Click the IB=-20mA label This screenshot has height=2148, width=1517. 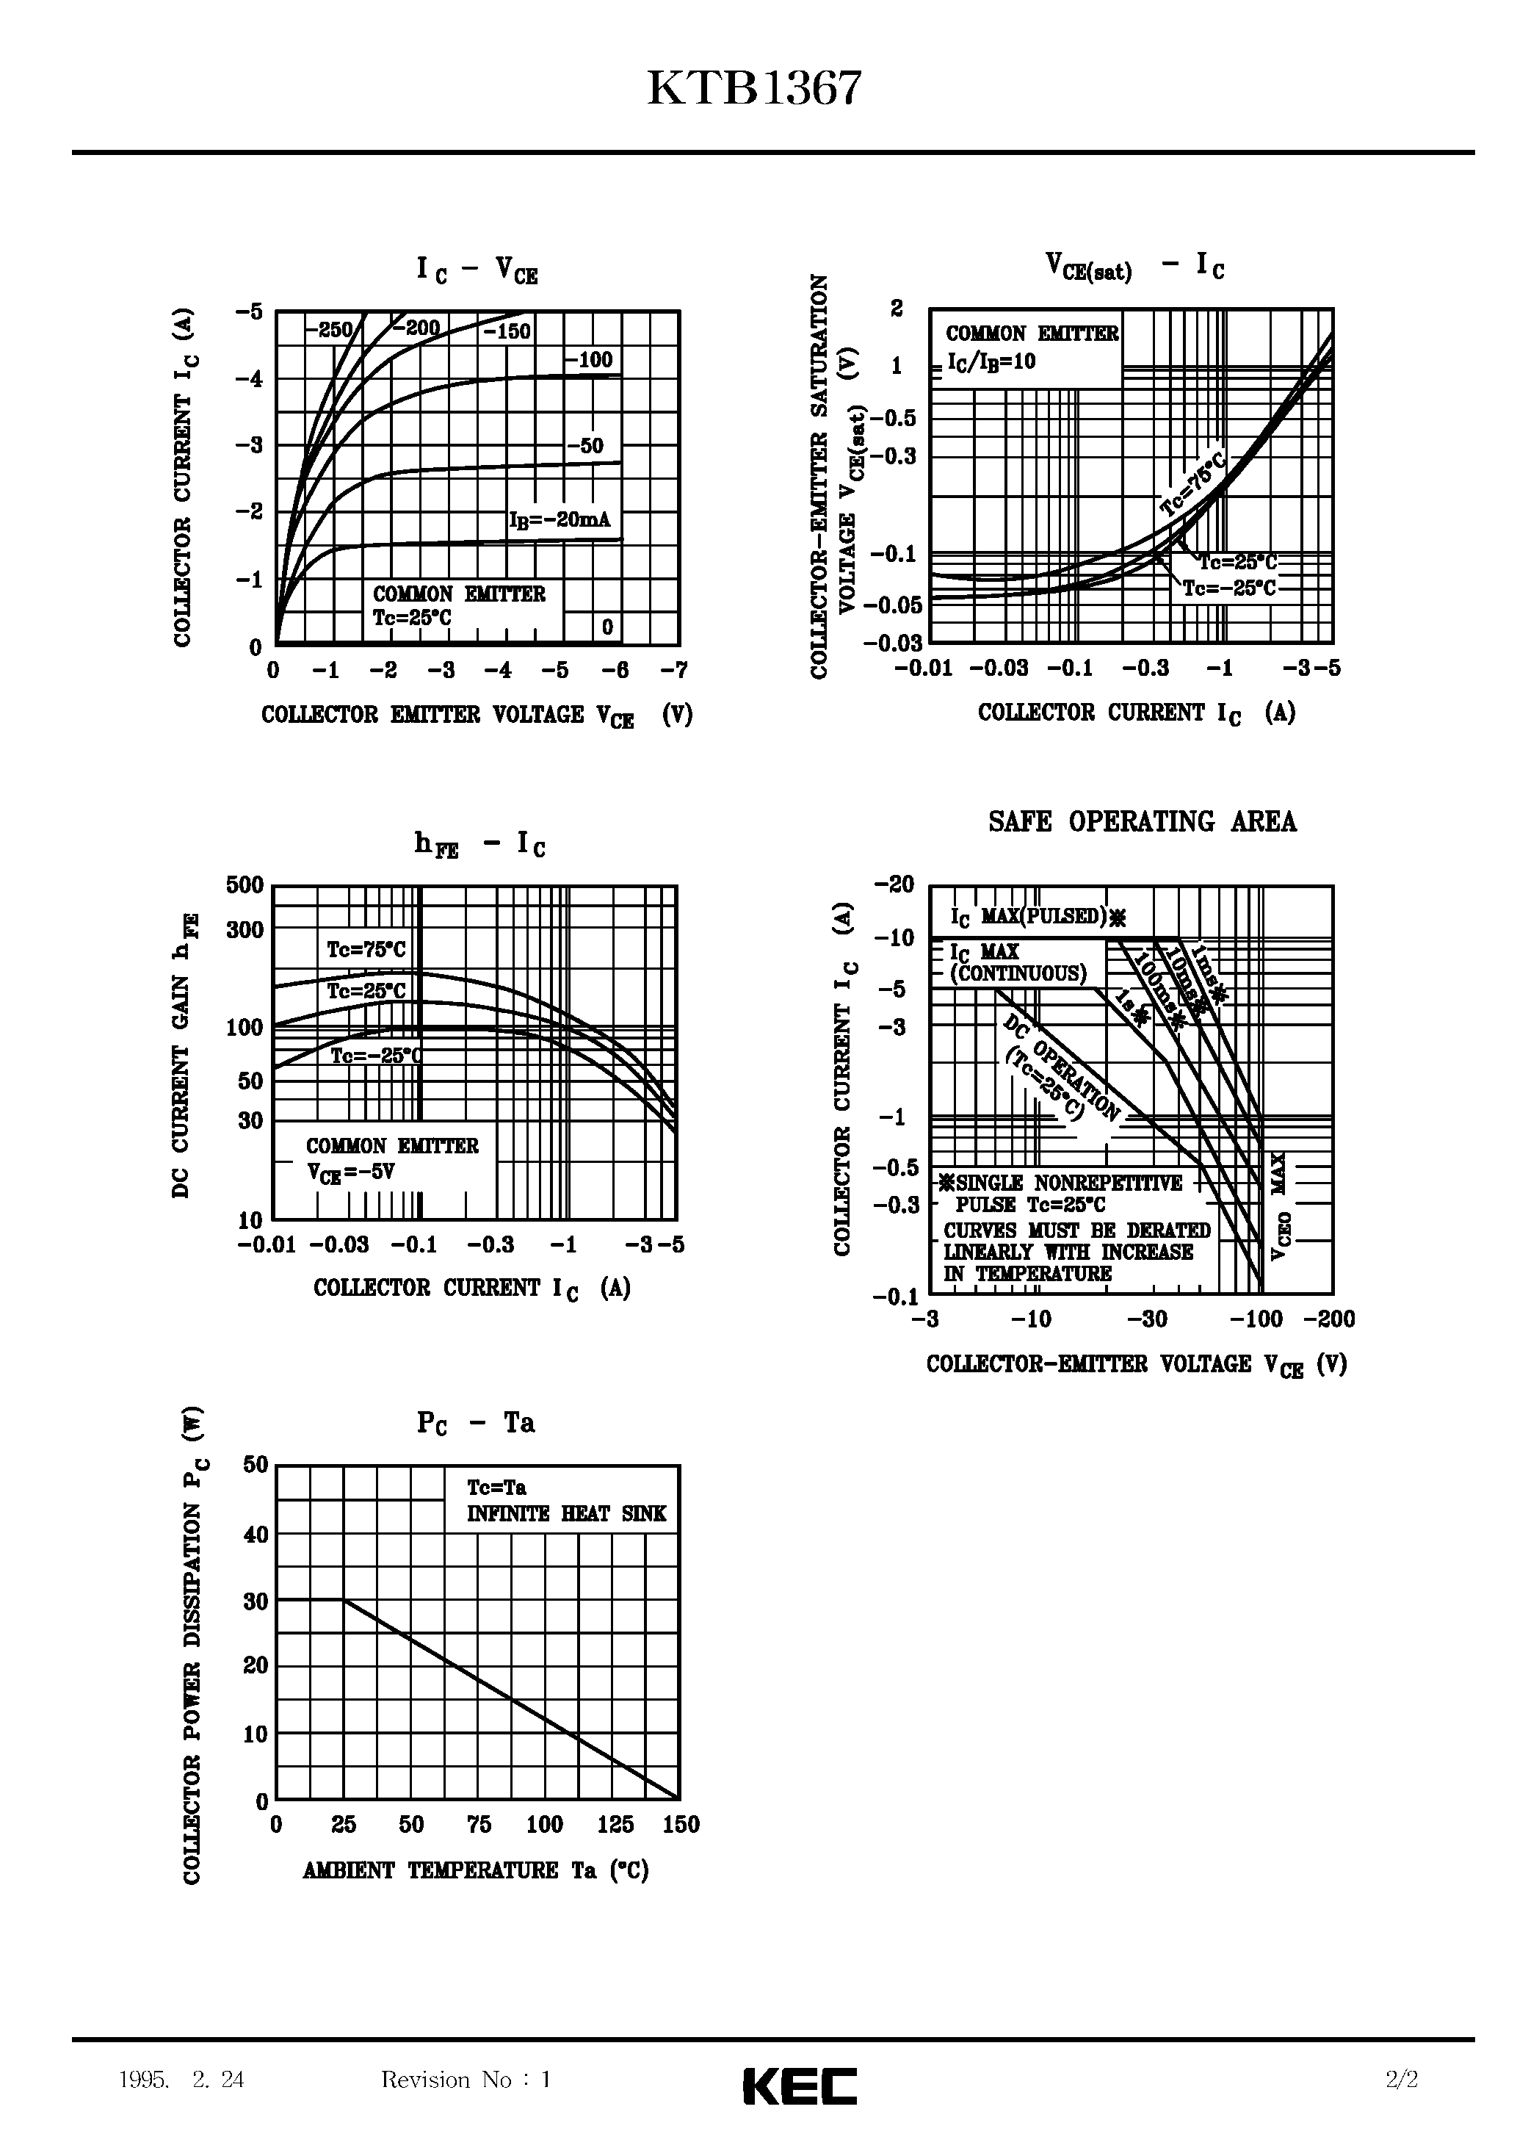560,519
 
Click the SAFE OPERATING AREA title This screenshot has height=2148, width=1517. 1142,821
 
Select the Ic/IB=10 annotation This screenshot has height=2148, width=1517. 991,362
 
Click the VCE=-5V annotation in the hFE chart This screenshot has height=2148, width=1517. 351,1172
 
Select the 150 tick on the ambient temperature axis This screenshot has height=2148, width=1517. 681,1824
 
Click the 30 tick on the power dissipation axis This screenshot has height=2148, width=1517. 256,1601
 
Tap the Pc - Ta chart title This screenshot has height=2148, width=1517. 475,1423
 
